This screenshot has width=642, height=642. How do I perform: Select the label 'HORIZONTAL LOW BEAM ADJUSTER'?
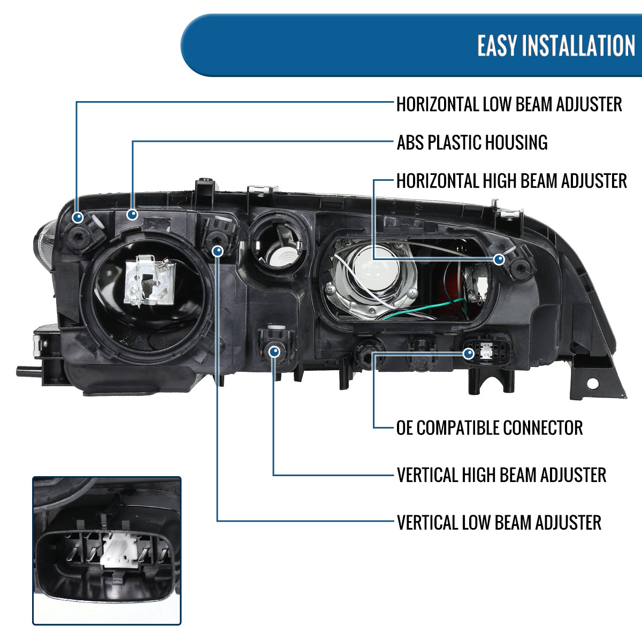pos(509,104)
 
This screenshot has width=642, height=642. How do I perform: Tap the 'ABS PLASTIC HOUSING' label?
pos(472,143)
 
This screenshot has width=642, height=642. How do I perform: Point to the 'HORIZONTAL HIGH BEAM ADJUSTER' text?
pos(511,181)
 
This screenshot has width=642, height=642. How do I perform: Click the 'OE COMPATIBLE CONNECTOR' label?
pos(489,428)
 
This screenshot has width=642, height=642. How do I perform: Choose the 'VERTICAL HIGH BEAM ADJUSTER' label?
pos(501,475)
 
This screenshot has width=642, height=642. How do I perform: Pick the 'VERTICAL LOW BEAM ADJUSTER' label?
pos(499,523)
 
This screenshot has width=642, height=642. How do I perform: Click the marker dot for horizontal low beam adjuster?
pos(78,218)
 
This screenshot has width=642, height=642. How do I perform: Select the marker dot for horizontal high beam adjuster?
pos(499,259)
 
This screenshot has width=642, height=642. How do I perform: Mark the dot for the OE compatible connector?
pos(469,353)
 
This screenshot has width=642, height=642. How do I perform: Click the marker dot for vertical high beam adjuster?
pos(274,351)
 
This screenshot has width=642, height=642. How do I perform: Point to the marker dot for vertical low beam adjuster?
pos(218,250)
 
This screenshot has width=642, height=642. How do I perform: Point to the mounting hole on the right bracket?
pos(592,384)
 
